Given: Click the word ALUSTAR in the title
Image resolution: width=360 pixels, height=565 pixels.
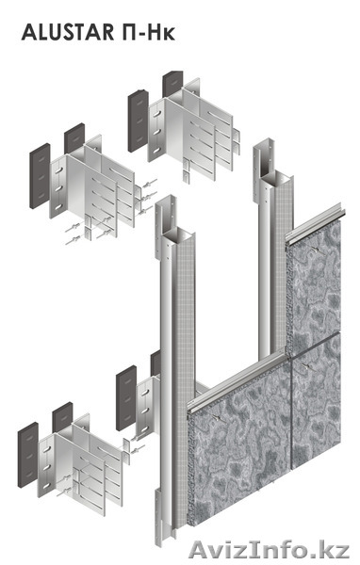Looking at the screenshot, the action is click(x=68, y=32).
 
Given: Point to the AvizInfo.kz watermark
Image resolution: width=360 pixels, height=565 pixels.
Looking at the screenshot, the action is click(x=269, y=550).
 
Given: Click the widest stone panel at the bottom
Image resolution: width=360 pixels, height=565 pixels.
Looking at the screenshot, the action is click(x=240, y=458).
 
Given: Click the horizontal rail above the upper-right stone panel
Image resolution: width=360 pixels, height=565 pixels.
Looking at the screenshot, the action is click(x=314, y=223).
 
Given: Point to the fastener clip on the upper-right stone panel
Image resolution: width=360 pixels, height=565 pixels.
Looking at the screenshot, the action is click(x=317, y=249).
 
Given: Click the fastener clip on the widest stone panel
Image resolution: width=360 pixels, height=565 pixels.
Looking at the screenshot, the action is click(x=218, y=417).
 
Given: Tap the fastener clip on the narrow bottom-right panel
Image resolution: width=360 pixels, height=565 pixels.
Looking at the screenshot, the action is click(x=306, y=366).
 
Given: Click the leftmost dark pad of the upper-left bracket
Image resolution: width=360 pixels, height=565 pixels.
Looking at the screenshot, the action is click(x=40, y=176).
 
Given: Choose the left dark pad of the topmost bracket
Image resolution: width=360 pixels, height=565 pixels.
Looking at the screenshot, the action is click(x=139, y=121).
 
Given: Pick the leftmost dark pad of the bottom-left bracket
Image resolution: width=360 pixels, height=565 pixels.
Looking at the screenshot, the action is click(x=28, y=455).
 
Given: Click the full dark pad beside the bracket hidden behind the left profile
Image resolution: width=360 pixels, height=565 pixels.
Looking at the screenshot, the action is click(x=126, y=397).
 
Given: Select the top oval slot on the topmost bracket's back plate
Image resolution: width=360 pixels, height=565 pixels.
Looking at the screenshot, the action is click(x=156, y=114).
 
